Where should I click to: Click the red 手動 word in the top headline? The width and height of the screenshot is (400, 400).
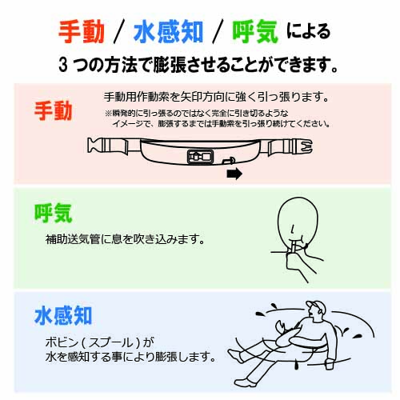pyautogui.click(x=82, y=32)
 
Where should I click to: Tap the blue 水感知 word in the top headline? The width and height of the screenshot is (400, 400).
pyautogui.click(x=168, y=32)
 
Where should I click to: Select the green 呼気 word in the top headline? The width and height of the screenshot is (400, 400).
pyautogui.click(x=255, y=32)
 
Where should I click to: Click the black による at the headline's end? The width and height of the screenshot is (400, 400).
pyautogui.click(x=309, y=31)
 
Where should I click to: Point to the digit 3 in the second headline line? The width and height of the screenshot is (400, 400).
pyautogui.click(x=63, y=65)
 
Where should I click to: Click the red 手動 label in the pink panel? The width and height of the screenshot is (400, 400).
pyautogui.click(x=54, y=110)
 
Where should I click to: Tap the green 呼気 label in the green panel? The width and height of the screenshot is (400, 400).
pyautogui.click(x=54, y=213)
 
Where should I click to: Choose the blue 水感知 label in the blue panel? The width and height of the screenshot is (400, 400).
pyautogui.click(x=63, y=315)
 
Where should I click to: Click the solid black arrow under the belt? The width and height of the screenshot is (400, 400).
pyautogui.click(x=234, y=174)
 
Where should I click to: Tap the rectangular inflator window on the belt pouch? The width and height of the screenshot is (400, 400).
pyautogui.click(x=201, y=157)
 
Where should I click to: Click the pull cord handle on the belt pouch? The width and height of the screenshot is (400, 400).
pyautogui.click(x=229, y=161)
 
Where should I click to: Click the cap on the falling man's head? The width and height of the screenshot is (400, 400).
pyautogui.click(x=317, y=306)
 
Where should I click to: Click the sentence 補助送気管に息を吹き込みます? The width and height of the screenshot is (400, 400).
pyautogui.click(x=125, y=239)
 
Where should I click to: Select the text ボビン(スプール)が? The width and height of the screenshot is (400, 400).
pyautogui.click(x=100, y=342)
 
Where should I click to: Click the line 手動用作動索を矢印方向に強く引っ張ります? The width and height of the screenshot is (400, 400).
pyautogui.click(x=216, y=97)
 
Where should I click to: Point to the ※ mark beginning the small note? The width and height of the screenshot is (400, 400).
pyautogui.click(x=109, y=114)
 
